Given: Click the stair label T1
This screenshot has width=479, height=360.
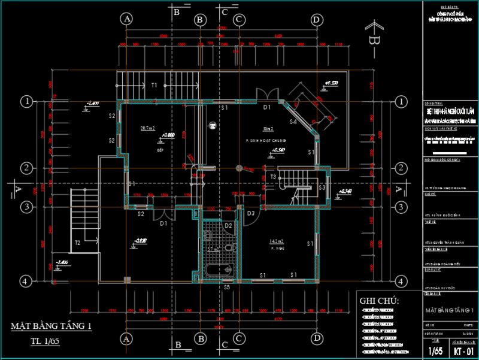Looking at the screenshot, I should point(154,85).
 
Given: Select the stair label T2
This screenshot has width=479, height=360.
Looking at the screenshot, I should point(77,243).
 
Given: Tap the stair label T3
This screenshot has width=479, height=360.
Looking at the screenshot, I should point(272,177).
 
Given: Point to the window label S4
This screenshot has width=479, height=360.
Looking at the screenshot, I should point(293,122).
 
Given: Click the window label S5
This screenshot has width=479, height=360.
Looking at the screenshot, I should point(227,288).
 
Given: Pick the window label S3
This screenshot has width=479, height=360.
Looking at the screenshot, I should point(322,188).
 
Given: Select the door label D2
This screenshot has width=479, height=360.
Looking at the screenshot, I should point(228,226).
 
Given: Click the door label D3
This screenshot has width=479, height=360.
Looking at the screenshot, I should point(251,213).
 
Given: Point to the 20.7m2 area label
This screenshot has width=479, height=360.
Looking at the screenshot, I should point(147,128).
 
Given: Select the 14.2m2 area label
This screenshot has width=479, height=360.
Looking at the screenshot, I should point(277,241).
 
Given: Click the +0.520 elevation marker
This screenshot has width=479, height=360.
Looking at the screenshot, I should point(331,83).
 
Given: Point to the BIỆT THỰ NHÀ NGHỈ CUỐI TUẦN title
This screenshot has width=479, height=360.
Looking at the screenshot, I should point(450,111).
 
